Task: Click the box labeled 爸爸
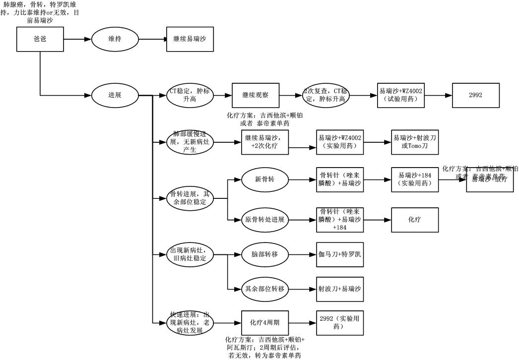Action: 40,39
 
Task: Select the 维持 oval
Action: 115,39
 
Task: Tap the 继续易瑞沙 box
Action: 190,39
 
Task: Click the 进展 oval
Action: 115,95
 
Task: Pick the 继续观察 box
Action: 256,95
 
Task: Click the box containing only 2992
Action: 475,95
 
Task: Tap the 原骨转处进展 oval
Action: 264,219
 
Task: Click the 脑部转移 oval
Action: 264,254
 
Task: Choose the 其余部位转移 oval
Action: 264,289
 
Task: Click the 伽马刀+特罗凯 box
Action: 340,254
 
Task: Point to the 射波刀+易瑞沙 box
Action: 340,289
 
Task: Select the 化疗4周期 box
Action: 264,323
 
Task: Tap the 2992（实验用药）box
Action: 340,323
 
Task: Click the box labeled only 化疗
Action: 415,219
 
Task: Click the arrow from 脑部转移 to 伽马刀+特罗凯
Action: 302,254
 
